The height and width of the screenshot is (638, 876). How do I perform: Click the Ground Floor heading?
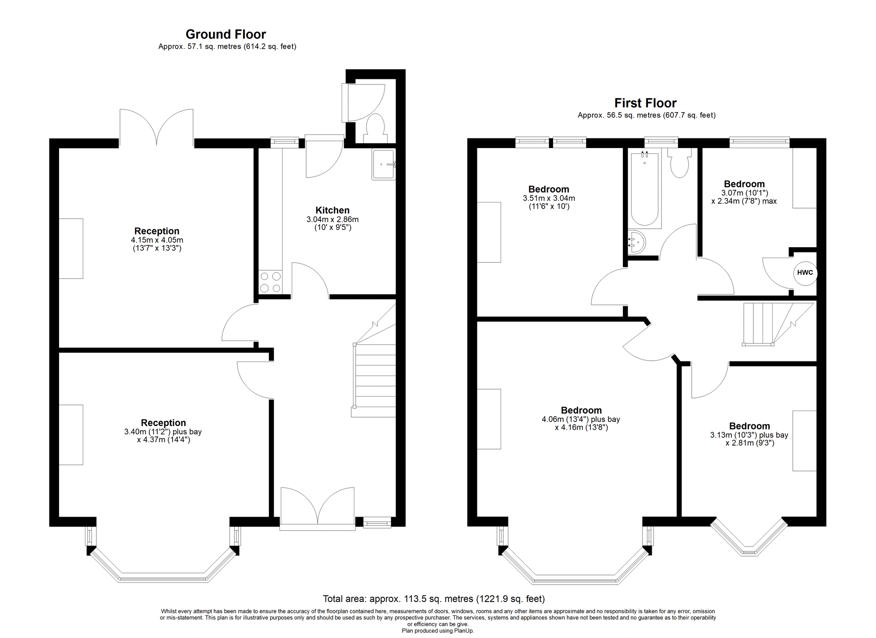coord(226,34)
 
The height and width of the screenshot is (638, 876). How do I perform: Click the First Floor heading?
coord(645,103)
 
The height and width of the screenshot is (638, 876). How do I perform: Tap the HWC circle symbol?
coord(805,273)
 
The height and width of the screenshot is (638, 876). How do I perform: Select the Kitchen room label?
coord(332,210)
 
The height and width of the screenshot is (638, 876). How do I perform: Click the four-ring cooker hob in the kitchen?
coord(270,282)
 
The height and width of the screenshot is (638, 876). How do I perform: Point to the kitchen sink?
coord(384,164)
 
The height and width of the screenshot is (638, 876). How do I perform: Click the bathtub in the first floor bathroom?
coord(645,189)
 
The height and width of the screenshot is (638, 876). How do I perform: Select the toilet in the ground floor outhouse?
coord(374,128)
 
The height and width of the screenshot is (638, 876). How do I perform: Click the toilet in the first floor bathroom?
coord(679,163)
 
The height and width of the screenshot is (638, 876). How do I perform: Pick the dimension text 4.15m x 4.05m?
coord(157,240)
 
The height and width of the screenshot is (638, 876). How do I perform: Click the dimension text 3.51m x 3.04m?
coord(549,198)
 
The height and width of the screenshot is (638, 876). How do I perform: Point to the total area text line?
coord(434,599)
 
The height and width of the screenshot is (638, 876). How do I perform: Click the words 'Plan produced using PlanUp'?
coord(438,631)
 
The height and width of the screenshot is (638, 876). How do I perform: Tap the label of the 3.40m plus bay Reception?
coord(163,423)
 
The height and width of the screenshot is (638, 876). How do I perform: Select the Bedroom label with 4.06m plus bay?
coord(581,411)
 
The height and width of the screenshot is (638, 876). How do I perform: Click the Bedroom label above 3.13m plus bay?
coord(749,426)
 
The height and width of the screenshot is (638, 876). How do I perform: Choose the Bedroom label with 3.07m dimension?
coord(744,184)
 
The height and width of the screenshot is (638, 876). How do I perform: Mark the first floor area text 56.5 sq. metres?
coord(646,115)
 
